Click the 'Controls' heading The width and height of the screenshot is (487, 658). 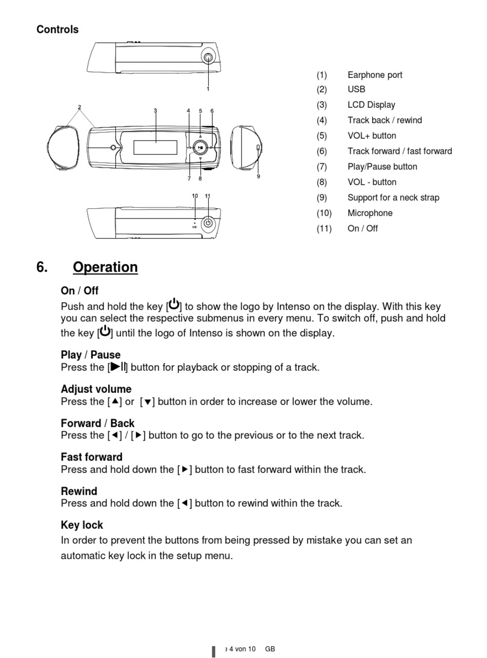[x=57, y=30]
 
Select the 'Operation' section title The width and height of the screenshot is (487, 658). [x=105, y=267]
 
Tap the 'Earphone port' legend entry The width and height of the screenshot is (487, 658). [x=375, y=75]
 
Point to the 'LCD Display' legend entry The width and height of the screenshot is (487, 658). [x=371, y=105]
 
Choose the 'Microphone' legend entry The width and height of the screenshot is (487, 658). [x=370, y=213]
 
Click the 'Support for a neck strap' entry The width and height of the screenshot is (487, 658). [x=393, y=197]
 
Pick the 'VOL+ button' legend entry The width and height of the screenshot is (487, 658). [x=372, y=136]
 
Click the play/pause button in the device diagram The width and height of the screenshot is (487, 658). [x=201, y=148]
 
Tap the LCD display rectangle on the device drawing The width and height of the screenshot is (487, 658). [x=155, y=147]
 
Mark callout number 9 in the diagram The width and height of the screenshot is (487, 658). [x=258, y=176]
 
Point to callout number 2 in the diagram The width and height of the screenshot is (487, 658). [x=79, y=108]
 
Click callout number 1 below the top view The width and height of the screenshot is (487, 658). [x=208, y=89]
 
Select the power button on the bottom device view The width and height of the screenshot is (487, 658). [x=208, y=223]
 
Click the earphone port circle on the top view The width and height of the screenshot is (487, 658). [x=208, y=57]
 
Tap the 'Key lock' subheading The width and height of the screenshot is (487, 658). [x=82, y=525]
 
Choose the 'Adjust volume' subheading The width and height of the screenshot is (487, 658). [x=96, y=389]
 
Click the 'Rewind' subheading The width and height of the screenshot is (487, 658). [x=79, y=491]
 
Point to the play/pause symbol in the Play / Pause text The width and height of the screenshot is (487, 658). [x=118, y=367]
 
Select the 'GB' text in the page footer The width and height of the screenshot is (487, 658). [x=270, y=649]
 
